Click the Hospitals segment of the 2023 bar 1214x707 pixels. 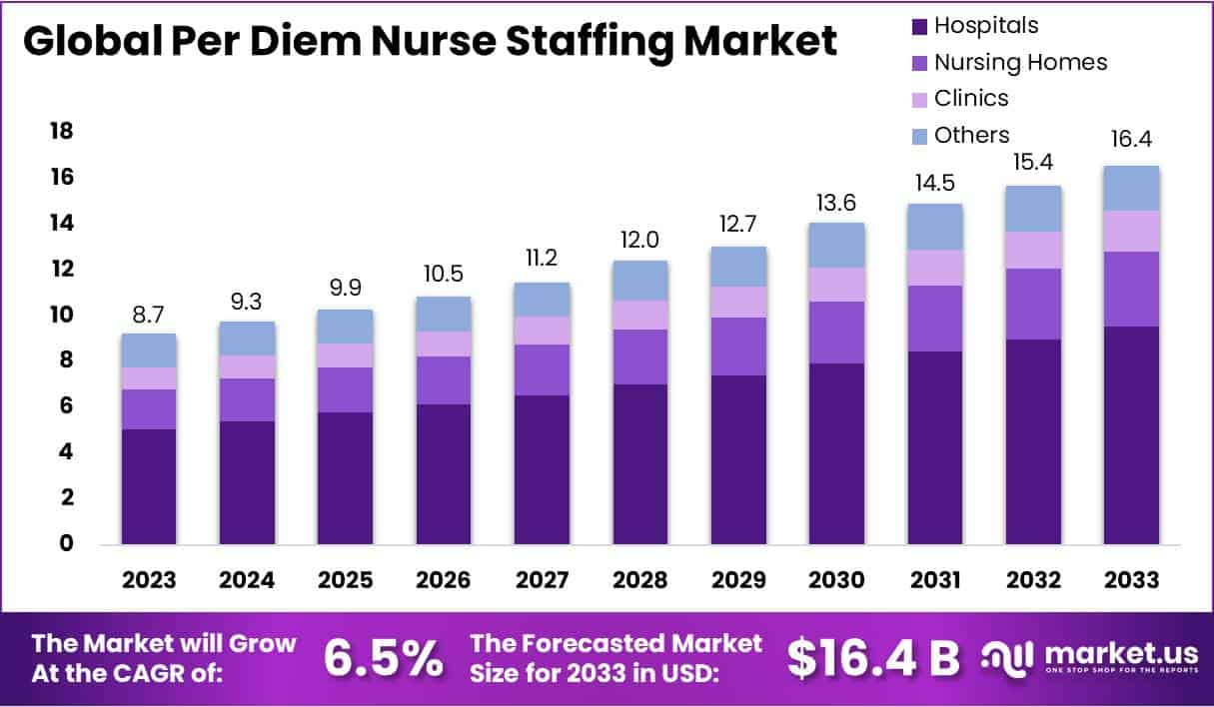tap(149, 486)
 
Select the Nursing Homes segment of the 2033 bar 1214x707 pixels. tap(1131, 289)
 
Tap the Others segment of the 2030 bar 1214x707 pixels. tap(836, 245)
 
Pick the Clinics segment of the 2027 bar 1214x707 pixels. tap(542, 331)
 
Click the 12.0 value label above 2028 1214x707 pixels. tap(639, 240)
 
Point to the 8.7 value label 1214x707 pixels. tap(149, 313)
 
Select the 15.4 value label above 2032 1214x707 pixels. tap(1033, 162)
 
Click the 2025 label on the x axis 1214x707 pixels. tap(345, 580)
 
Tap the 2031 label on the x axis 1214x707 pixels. tap(934, 580)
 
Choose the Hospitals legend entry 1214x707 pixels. tap(985, 26)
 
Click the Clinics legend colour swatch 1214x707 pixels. tap(920, 99)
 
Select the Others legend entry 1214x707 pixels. tap(971, 135)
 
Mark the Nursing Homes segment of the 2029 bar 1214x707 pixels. tap(738, 347)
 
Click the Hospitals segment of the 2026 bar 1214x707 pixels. tap(444, 474)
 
